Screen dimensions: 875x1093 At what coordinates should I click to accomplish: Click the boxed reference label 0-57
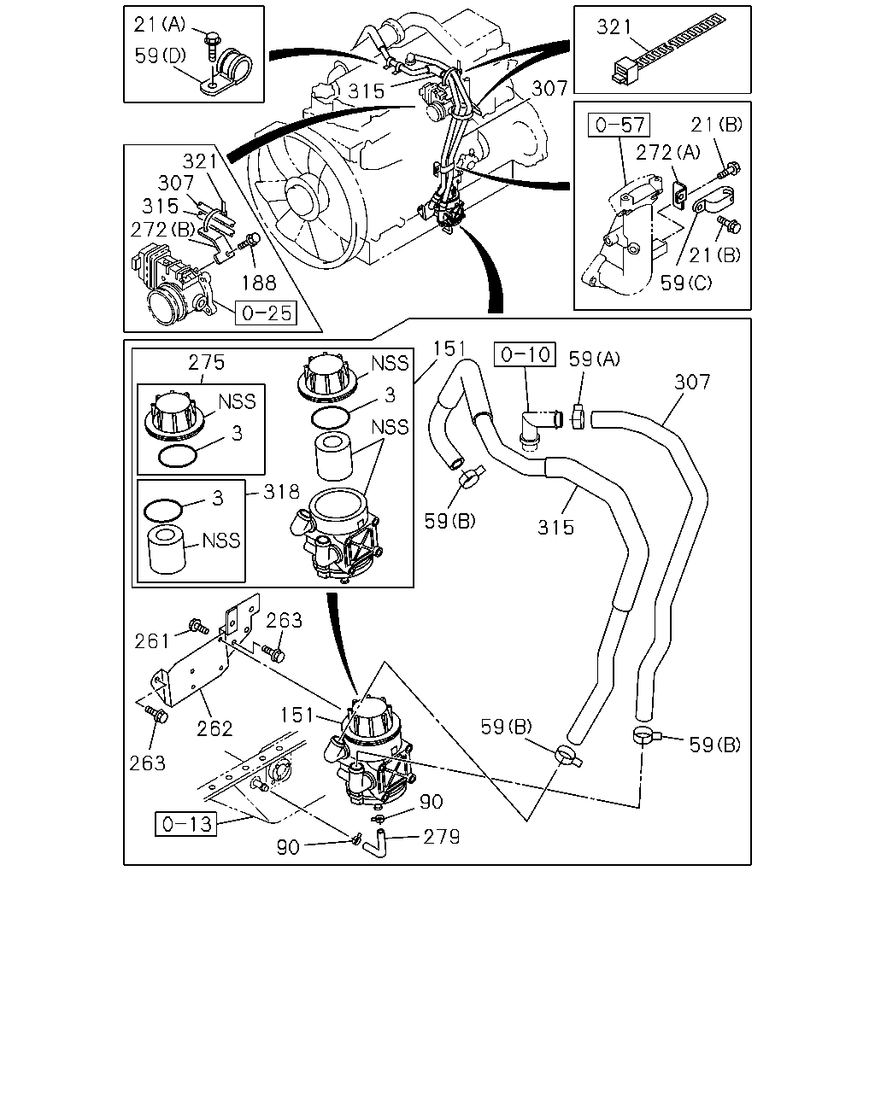pos(619,125)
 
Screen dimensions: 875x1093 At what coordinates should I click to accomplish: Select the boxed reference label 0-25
pos(266,313)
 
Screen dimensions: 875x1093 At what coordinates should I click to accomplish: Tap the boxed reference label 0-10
pos(525,354)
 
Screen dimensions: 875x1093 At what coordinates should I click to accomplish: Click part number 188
pos(259,283)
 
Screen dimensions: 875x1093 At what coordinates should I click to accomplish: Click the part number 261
pos(151,641)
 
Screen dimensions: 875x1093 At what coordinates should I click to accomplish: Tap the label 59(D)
pos(161,56)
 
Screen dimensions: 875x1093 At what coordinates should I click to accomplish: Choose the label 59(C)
pos(686,283)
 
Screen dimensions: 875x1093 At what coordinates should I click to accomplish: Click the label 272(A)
pos(668,152)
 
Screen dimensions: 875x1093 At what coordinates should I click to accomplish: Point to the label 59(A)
pos(595,359)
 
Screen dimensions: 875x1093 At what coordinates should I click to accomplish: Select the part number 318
pos(282,492)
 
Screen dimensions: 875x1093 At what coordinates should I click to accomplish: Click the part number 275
pos(206,362)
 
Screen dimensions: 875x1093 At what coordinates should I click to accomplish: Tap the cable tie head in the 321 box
pos(625,71)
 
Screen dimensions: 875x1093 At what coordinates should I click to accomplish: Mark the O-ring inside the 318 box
pos(162,511)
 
